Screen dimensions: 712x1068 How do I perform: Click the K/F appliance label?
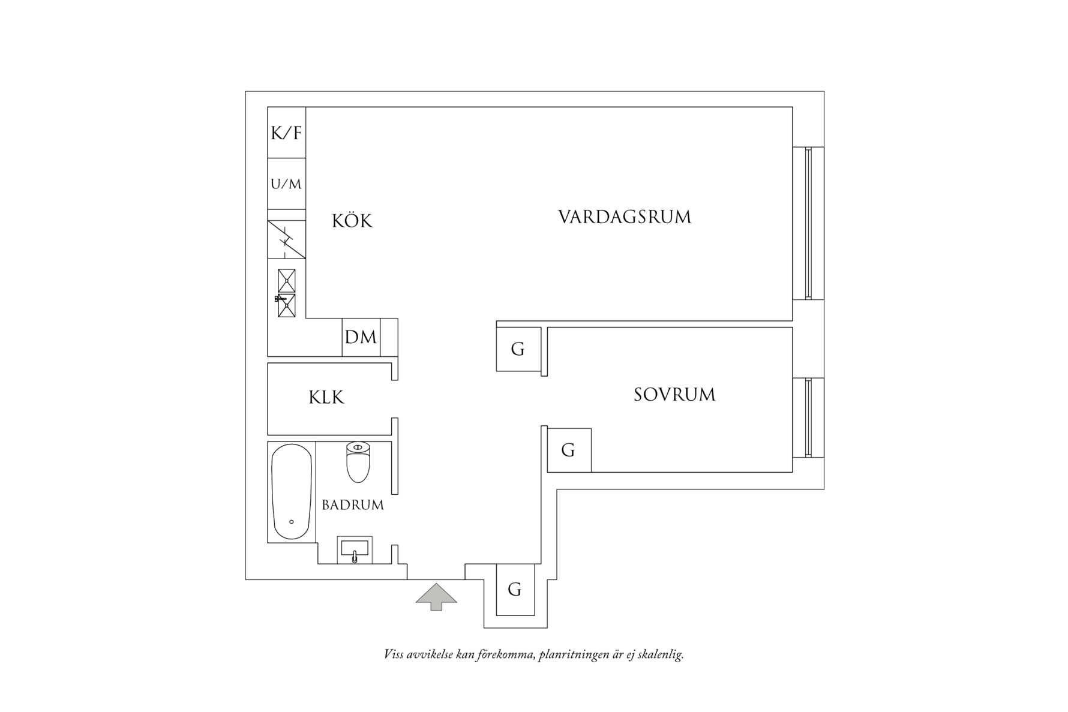pos(286,133)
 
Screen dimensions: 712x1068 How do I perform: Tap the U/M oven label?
pos(286,184)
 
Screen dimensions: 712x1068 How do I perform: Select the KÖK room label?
pos(352,221)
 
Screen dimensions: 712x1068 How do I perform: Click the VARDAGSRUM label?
pos(625,217)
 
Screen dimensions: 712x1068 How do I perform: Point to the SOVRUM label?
pos(674,395)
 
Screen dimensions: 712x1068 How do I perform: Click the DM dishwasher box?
pos(361,337)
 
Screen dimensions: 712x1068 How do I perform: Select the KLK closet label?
pos(326,397)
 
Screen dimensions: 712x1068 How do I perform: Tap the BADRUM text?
pos(353,505)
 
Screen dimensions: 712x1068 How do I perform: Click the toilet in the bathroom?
pos(358,462)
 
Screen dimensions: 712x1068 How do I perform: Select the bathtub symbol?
pos(292,492)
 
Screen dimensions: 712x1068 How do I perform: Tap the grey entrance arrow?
pos(436,597)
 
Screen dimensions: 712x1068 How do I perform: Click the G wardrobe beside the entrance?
pos(515,590)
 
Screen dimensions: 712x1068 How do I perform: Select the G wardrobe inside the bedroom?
pos(569,450)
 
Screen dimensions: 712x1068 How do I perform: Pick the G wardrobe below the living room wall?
pos(518,349)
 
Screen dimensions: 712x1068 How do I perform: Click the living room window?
pos(808,223)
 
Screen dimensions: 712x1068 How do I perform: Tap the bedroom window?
pos(808,417)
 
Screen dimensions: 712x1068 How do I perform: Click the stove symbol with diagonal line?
pos(286,239)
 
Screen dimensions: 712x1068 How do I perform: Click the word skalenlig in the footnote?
pos(661,654)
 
